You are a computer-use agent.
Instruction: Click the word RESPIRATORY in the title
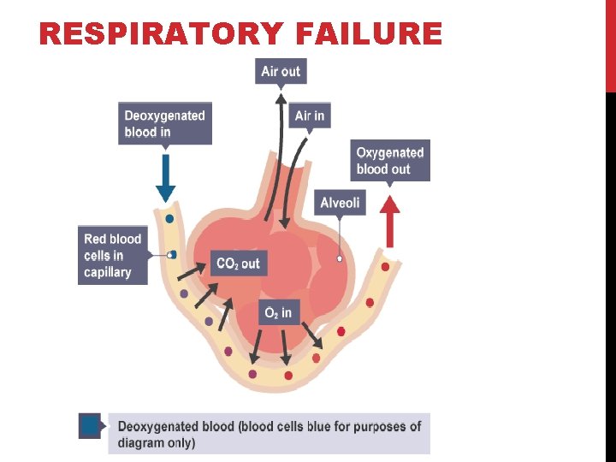click(161, 34)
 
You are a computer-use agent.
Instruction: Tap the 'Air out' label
click(281, 71)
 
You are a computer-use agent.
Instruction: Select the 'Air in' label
click(310, 115)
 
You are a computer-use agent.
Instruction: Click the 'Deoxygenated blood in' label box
click(165, 123)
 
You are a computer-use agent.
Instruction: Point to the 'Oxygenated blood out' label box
click(390, 161)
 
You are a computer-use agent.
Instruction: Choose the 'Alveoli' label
click(340, 203)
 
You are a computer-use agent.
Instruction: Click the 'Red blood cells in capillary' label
click(112, 255)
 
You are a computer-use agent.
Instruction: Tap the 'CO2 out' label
click(238, 263)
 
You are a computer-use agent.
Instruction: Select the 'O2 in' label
click(278, 313)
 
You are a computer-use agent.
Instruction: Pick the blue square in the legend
click(90, 425)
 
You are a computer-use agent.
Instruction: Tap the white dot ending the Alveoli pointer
click(340, 258)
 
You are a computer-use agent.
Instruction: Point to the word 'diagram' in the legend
click(143, 442)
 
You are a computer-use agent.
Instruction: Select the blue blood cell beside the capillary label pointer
click(172, 254)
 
